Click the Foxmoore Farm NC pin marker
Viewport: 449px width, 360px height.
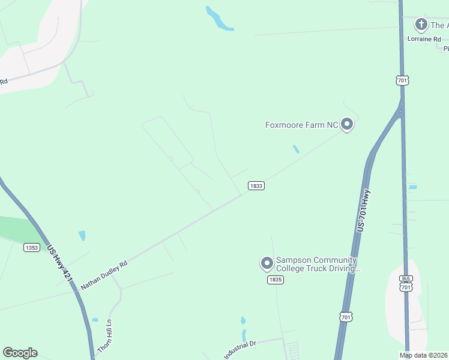click(x=346, y=124)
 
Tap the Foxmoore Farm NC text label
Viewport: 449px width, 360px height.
click(x=302, y=125)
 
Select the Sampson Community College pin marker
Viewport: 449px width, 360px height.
click(x=267, y=263)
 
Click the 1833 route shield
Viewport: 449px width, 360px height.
click(x=256, y=186)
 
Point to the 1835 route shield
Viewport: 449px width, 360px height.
click(x=275, y=280)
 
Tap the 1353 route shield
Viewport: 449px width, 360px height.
click(x=32, y=247)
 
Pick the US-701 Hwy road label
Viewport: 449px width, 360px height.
click(x=361, y=211)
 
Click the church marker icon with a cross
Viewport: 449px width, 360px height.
click(x=421, y=25)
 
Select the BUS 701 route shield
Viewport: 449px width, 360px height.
click(x=406, y=284)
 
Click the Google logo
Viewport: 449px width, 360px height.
click(x=20, y=353)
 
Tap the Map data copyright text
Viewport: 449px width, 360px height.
click(x=423, y=355)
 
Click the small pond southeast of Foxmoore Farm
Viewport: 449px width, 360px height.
click(x=295, y=149)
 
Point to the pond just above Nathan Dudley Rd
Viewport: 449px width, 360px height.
click(x=82, y=236)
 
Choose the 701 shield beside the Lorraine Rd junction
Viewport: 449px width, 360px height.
click(x=402, y=80)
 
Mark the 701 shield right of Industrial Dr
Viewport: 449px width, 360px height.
click(x=345, y=316)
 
